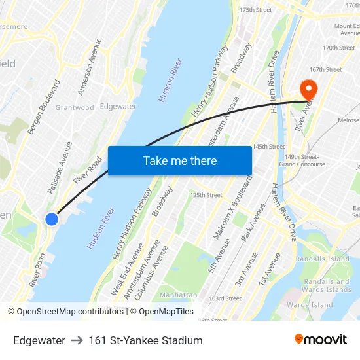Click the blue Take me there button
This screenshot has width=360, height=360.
(179, 160)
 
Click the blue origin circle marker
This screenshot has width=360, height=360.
(52, 219)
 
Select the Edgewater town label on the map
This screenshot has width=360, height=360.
(118, 106)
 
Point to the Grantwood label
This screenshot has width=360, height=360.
(75, 108)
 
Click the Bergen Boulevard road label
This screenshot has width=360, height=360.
(44, 107)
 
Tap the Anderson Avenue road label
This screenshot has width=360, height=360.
(90, 67)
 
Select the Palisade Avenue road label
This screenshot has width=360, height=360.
(60, 167)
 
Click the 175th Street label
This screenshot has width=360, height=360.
(255, 10)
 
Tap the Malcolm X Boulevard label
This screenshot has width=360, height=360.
(232, 207)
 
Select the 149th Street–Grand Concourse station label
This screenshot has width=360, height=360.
(302, 160)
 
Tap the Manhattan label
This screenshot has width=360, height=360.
(178, 295)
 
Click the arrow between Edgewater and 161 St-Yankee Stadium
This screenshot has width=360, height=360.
(77, 340)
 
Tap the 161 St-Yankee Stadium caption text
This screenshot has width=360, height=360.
(145, 340)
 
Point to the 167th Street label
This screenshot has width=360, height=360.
(325, 69)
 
